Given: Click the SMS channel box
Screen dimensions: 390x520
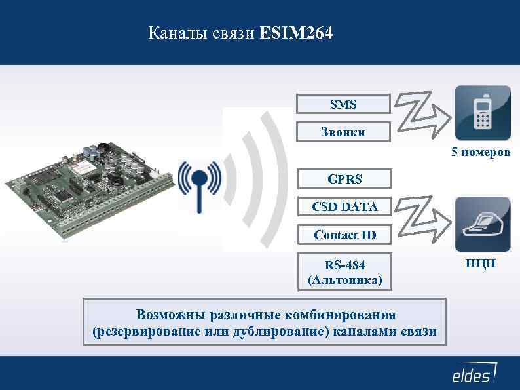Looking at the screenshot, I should tap(344, 104).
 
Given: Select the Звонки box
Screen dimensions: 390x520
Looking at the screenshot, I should tap(344, 131).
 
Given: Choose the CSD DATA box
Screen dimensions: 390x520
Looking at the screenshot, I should tap(344, 206).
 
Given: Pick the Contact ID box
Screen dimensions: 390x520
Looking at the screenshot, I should tap(344, 234).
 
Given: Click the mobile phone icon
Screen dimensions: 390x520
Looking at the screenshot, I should tap(483, 113).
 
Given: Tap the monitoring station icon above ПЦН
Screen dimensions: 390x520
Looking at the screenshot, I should tap(483, 225).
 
